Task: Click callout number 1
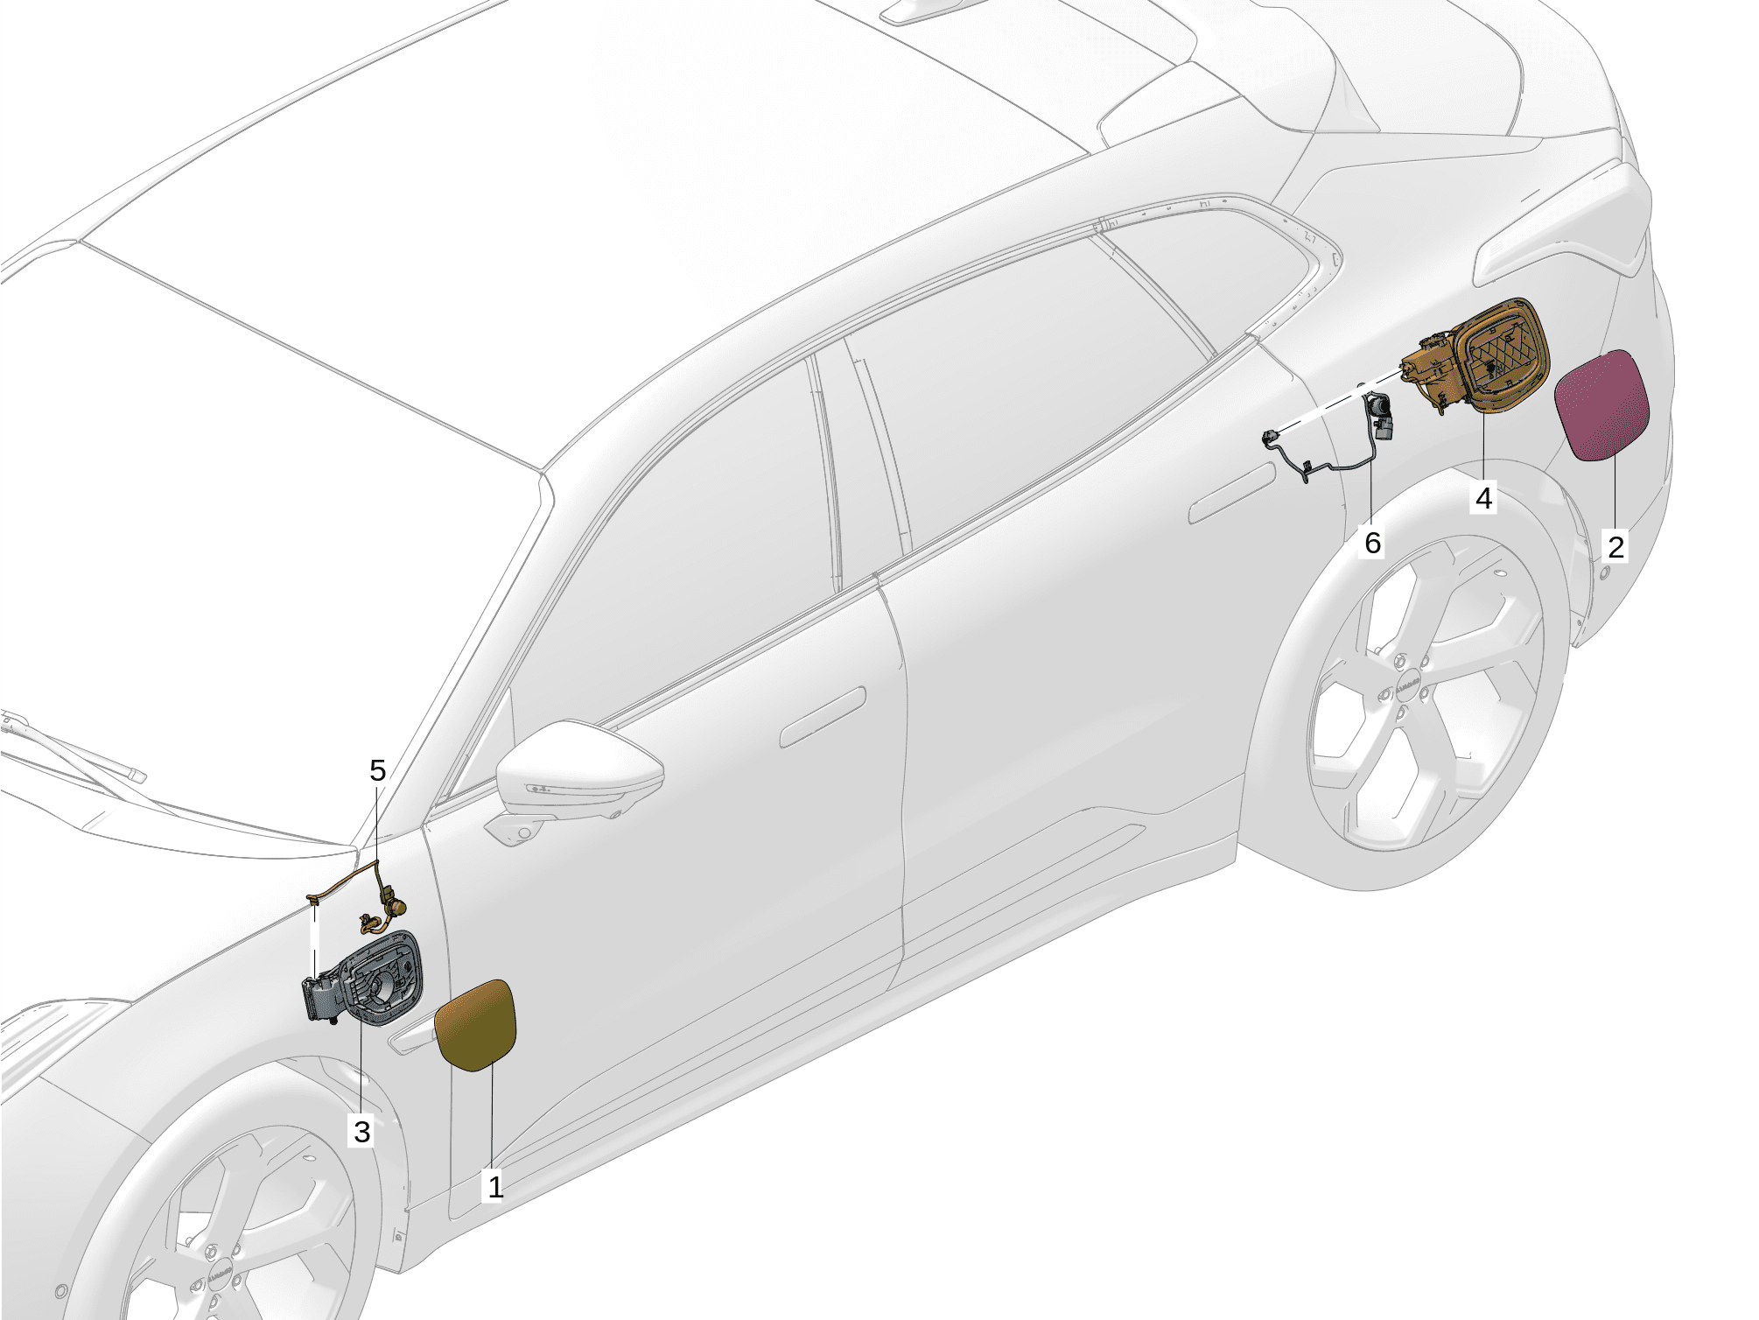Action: tap(495, 1188)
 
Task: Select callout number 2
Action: tap(1615, 547)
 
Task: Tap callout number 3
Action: tap(362, 1131)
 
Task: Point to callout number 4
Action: tap(1483, 498)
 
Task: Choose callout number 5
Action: tap(377, 770)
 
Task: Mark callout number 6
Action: tap(1373, 543)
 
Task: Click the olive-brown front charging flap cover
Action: tap(476, 1026)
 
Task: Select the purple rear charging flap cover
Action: tap(1602, 404)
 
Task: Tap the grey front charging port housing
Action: tap(362, 979)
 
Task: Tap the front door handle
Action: tap(823, 717)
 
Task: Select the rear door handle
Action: tap(1231, 494)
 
